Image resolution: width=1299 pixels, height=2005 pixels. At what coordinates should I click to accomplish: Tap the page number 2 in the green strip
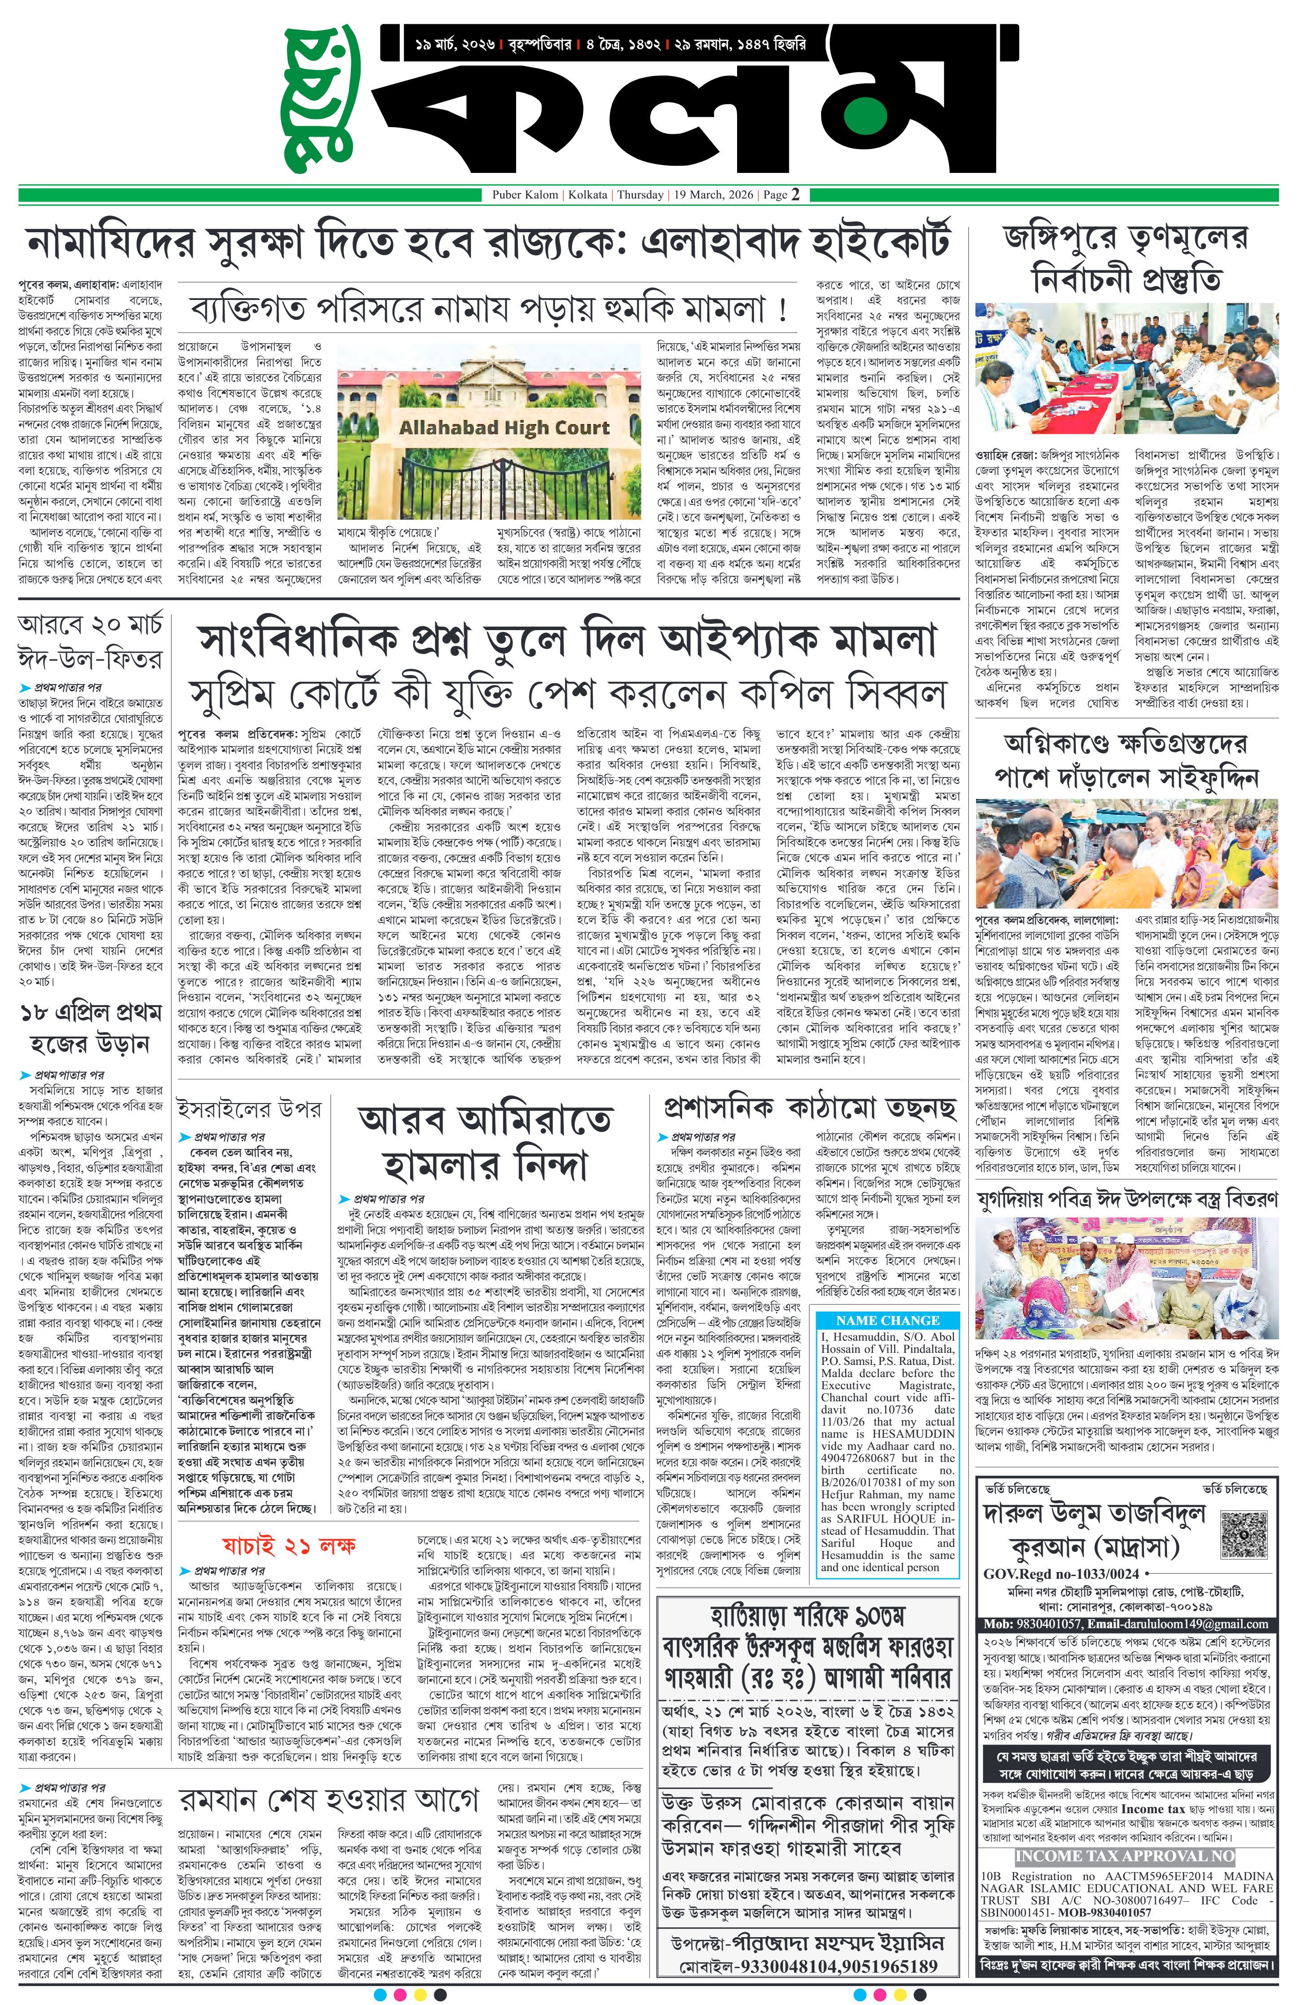pyautogui.click(x=795, y=194)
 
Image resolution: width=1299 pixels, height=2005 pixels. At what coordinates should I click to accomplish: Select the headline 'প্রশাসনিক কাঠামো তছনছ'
pyautogui.click(x=810, y=1108)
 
